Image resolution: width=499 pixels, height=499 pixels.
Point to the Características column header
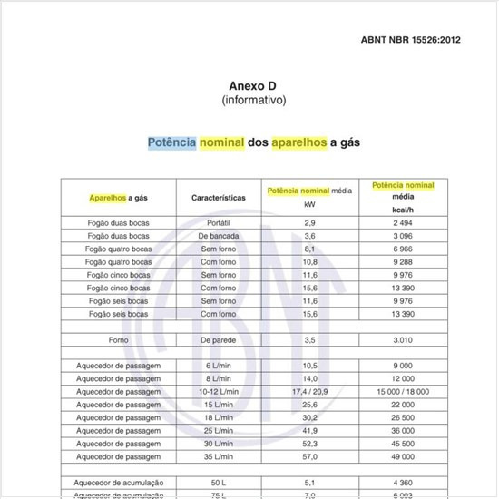(219, 197)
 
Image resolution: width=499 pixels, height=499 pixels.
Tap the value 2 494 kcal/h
(403, 222)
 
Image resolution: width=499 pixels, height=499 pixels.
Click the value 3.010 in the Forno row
(403, 339)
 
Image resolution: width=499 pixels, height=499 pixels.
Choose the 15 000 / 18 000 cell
(403, 391)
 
